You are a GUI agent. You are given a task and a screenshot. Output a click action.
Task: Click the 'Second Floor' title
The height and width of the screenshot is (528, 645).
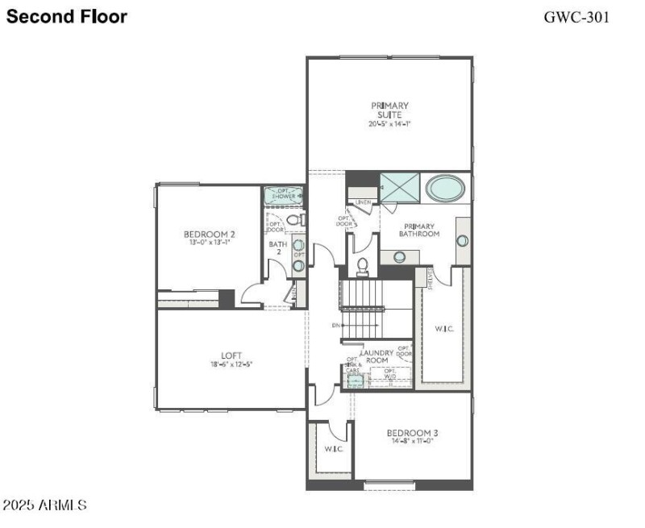pyautogui.click(x=66, y=16)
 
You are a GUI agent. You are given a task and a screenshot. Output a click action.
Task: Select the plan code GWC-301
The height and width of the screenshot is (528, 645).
pyautogui.click(x=576, y=16)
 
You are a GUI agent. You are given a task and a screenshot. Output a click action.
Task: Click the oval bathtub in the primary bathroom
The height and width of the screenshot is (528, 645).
pyautogui.click(x=446, y=189)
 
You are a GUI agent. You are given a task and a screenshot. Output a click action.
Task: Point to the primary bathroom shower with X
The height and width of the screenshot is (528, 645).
pyautogui.click(x=401, y=188)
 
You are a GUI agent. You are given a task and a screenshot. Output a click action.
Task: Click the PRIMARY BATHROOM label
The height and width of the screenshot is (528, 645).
pyautogui.click(x=419, y=231)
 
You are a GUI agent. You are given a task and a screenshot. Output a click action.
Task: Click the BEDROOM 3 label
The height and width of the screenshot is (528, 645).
pyautogui.click(x=411, y=435)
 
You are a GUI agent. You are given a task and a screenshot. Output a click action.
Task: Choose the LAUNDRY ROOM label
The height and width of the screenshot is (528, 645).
pyautogui.click(x=377, y=357)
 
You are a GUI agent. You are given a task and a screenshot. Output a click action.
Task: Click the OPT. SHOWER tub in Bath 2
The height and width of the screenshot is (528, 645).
pyautogui.click(x=284, y=195)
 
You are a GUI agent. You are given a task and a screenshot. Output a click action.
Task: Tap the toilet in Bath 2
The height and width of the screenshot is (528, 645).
pyautogui.click(x=294, y=219)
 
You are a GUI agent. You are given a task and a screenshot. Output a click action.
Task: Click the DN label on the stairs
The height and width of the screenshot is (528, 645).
pyautogui.click(x=335, y=326)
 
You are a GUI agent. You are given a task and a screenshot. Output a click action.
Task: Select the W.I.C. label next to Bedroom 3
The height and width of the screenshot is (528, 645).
pyautogui.click(x=334, y=449)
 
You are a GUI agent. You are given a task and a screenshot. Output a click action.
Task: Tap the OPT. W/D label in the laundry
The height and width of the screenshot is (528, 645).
pyautogui.click(x=390, y=374)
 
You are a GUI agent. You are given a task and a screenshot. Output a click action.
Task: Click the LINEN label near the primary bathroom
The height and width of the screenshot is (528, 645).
pyautogui.click(x=363, y=202)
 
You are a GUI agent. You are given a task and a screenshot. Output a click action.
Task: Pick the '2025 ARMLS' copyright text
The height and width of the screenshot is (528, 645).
pyautogui.click(x=45, y=505)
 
